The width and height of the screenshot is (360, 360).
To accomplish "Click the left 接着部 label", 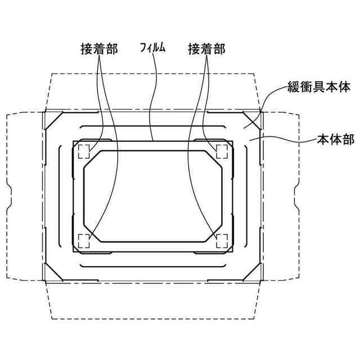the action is [98, 49].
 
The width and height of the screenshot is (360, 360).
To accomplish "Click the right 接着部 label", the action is [206, 49].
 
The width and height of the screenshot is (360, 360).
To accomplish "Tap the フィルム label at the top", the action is [152, 49].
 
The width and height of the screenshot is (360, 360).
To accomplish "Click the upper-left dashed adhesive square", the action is [84, 151].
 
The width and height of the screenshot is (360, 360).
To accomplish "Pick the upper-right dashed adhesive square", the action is [222, 151].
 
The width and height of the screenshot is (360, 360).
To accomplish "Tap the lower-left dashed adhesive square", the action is [84, 241].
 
